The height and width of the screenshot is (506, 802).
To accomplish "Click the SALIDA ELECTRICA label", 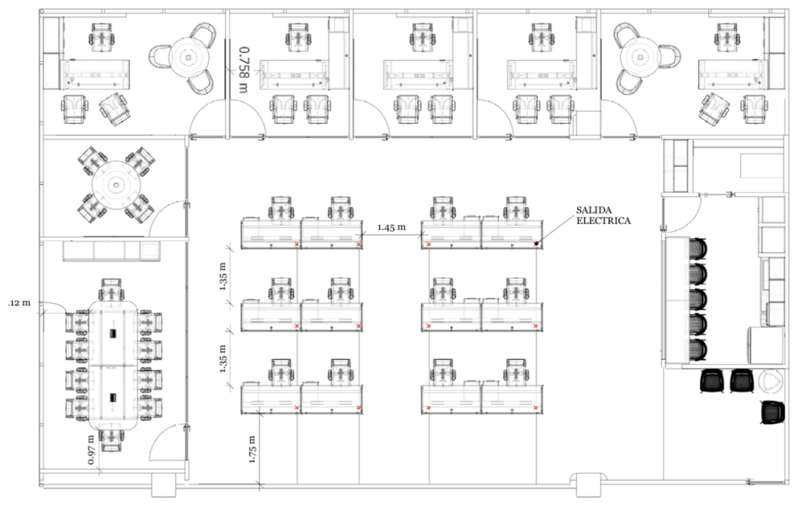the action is tap(603, 215).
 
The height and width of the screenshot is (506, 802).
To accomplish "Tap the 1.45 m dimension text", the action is tap(392, 226).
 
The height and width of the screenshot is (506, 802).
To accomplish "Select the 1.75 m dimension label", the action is tap(252, 449).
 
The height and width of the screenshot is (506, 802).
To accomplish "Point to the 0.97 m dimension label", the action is tap(92, 450).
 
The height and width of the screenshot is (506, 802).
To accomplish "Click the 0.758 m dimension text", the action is tap(244, 70).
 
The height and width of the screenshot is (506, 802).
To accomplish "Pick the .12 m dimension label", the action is tap(20, 303).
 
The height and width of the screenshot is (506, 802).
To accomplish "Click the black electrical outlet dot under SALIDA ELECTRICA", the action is tap(536, 244).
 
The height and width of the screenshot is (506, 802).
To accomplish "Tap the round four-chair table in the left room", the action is tap(117, 185).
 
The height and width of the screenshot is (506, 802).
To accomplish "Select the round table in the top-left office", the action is tap(190, 57).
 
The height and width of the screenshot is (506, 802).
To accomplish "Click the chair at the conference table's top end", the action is tap(112, 291).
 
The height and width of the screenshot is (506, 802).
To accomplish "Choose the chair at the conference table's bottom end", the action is tap(112, 439).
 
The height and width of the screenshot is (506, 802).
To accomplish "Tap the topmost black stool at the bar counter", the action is tap(698, 250).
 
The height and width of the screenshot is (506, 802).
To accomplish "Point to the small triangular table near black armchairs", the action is tap(771, 381).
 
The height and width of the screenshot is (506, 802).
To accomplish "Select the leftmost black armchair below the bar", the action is tap(711, 381).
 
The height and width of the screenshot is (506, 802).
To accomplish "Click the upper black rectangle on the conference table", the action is tap(113, 333).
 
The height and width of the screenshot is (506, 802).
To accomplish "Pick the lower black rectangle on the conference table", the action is tap(113, 396).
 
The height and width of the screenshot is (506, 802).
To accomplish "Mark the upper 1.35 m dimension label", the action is tap(223, 276).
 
